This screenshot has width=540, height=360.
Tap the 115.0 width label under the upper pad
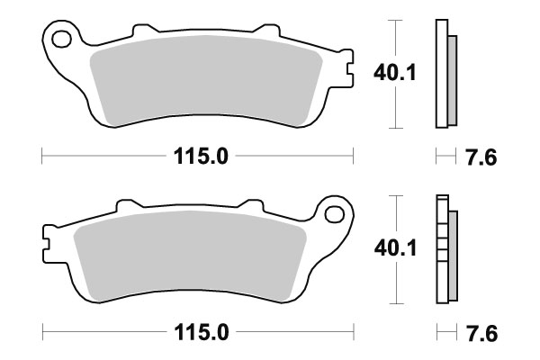tap(199, 157)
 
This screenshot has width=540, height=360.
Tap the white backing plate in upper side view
tap(441, 72)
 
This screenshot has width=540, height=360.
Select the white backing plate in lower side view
tap(441, 247)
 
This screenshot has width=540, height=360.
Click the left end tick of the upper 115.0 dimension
tap(43, 157)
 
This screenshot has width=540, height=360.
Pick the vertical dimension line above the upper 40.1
tap(392, 36)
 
